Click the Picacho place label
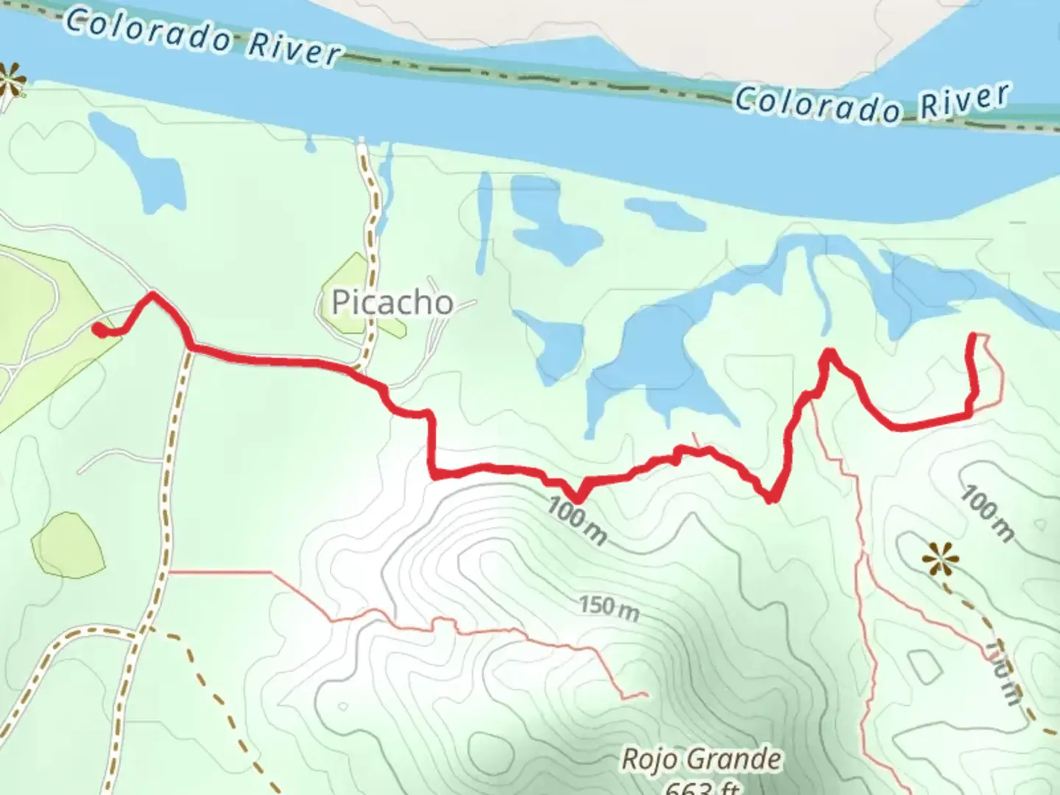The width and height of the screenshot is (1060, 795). [x=392, y=302]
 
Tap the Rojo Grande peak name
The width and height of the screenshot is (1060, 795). [x=701, y=759]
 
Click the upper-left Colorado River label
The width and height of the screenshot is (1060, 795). [x=203, y=36]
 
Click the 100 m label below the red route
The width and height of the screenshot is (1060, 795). [x=578, y=520]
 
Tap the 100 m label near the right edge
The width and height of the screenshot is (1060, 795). [x=987, y=513]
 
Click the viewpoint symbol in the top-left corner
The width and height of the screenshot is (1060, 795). [x=10, y=80]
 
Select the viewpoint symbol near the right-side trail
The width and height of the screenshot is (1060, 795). [x=941, y=561]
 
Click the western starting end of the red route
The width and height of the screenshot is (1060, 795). [x=96, y=328]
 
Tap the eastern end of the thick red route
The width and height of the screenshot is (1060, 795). [x=975, y=336]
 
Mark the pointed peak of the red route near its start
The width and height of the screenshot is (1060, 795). [x=152, y=294]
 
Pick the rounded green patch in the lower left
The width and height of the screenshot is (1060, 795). [x=68, y=545]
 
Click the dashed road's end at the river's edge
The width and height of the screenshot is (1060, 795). [x=362, y=141]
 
